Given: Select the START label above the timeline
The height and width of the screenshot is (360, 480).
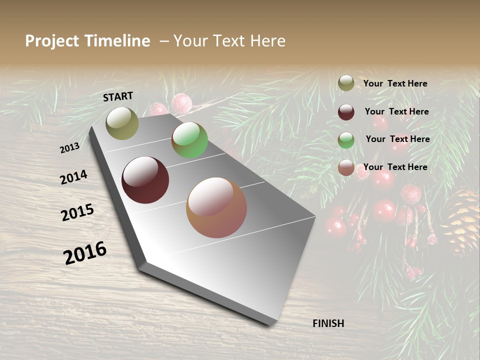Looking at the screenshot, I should point(118,96).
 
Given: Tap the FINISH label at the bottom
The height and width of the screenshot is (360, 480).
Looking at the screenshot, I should point(328,323).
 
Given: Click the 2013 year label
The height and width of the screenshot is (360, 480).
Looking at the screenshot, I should point(70,147).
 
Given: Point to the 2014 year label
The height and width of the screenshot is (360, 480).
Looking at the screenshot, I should point(74,177).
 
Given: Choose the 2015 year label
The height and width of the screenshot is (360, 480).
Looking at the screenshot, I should point(77,212).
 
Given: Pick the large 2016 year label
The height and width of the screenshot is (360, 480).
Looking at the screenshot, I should point(85,252).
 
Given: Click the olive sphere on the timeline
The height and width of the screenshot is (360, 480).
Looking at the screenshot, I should point(122,123).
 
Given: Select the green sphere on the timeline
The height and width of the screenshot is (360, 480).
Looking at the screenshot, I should point(189,140).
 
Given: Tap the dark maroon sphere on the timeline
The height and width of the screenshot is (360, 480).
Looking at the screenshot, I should point(145,180).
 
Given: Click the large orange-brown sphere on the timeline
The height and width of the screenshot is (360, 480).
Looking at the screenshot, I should point(216,207).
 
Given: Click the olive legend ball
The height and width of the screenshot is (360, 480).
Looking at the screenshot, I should point(346,83).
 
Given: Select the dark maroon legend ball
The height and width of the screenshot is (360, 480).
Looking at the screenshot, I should point(346,112).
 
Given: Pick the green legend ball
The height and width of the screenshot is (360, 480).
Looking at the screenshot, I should point(346,140).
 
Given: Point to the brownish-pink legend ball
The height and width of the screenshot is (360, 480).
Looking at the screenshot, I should point(346,168).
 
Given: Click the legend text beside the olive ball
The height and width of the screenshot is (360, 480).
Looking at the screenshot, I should point(395,83).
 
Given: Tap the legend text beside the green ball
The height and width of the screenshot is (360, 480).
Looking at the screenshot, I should point(397,139).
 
